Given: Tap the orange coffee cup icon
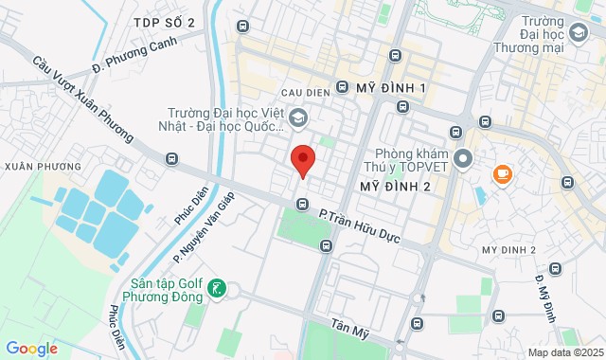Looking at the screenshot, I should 501,174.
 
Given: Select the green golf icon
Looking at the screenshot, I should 218,289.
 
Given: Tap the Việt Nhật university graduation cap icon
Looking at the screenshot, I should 298,118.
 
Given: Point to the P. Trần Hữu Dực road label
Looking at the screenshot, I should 360,226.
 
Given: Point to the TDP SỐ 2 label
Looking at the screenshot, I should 164,22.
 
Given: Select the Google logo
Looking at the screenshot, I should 30,349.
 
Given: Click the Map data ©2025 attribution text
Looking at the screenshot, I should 564,352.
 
